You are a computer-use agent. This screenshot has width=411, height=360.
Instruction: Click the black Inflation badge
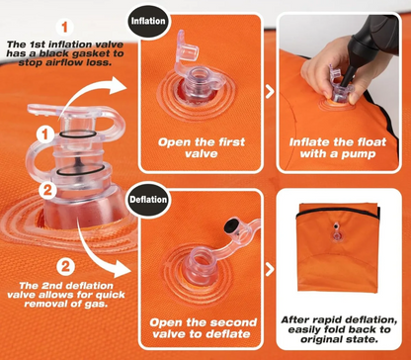coord(148,22)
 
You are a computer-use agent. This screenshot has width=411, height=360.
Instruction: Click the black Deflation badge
coord(148,200)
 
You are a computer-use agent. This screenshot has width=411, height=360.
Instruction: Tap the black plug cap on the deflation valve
coord(230,225)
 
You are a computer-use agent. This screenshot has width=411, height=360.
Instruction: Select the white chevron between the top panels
coord(270,91)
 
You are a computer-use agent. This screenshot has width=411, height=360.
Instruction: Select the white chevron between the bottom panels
coord(270,269)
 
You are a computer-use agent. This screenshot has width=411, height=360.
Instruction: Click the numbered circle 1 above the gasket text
coord(64,27)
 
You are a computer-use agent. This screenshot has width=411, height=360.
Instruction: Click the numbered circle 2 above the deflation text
coord(65,267)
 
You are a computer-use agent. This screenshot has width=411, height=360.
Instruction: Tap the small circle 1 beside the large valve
coord(45,135)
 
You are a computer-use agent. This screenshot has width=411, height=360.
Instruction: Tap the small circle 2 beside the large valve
coord(47,191)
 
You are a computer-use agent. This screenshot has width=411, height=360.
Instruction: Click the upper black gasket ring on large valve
coord(78,135)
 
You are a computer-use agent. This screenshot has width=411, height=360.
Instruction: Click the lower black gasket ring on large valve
coord(80,170)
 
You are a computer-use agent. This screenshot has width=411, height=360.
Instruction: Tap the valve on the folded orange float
coord(336,232)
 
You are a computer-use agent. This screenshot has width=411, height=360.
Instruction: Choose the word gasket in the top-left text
coord(99,53)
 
